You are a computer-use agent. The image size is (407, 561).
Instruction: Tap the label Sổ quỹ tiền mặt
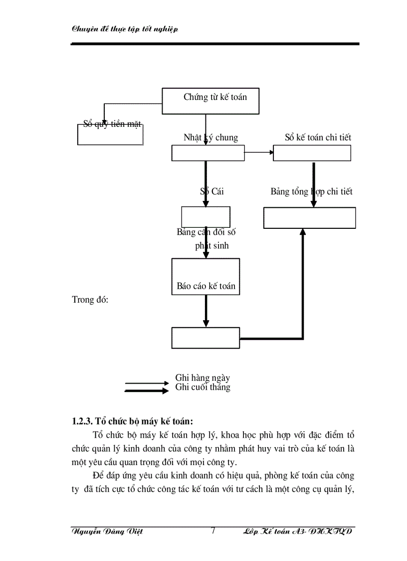[112, 124]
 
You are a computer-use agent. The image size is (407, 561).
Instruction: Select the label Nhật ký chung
[210, 137]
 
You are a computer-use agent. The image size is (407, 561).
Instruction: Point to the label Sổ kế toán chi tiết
[318, 137]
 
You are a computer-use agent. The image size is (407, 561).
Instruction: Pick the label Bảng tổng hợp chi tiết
[311, 191]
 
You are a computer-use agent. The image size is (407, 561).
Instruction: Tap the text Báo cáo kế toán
[206, 287]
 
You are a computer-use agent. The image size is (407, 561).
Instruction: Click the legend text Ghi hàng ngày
[203, 378]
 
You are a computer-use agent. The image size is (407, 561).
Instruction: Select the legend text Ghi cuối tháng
[203, 387]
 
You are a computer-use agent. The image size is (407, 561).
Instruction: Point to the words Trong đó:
[90, 300]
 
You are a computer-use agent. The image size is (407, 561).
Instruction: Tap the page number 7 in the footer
[213, 531]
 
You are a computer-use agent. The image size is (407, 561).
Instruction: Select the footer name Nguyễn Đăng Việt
[107, 532]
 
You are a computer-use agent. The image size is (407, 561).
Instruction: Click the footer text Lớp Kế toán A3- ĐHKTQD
[297, 532]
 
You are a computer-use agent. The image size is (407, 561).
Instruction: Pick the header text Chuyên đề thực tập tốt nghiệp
[125, 29]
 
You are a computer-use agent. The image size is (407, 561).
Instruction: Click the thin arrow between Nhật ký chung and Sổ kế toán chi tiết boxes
[259, 152]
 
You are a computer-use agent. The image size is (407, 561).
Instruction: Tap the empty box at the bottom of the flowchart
[205, 337]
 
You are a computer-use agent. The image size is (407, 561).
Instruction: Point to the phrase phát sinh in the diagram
[212, 246]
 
